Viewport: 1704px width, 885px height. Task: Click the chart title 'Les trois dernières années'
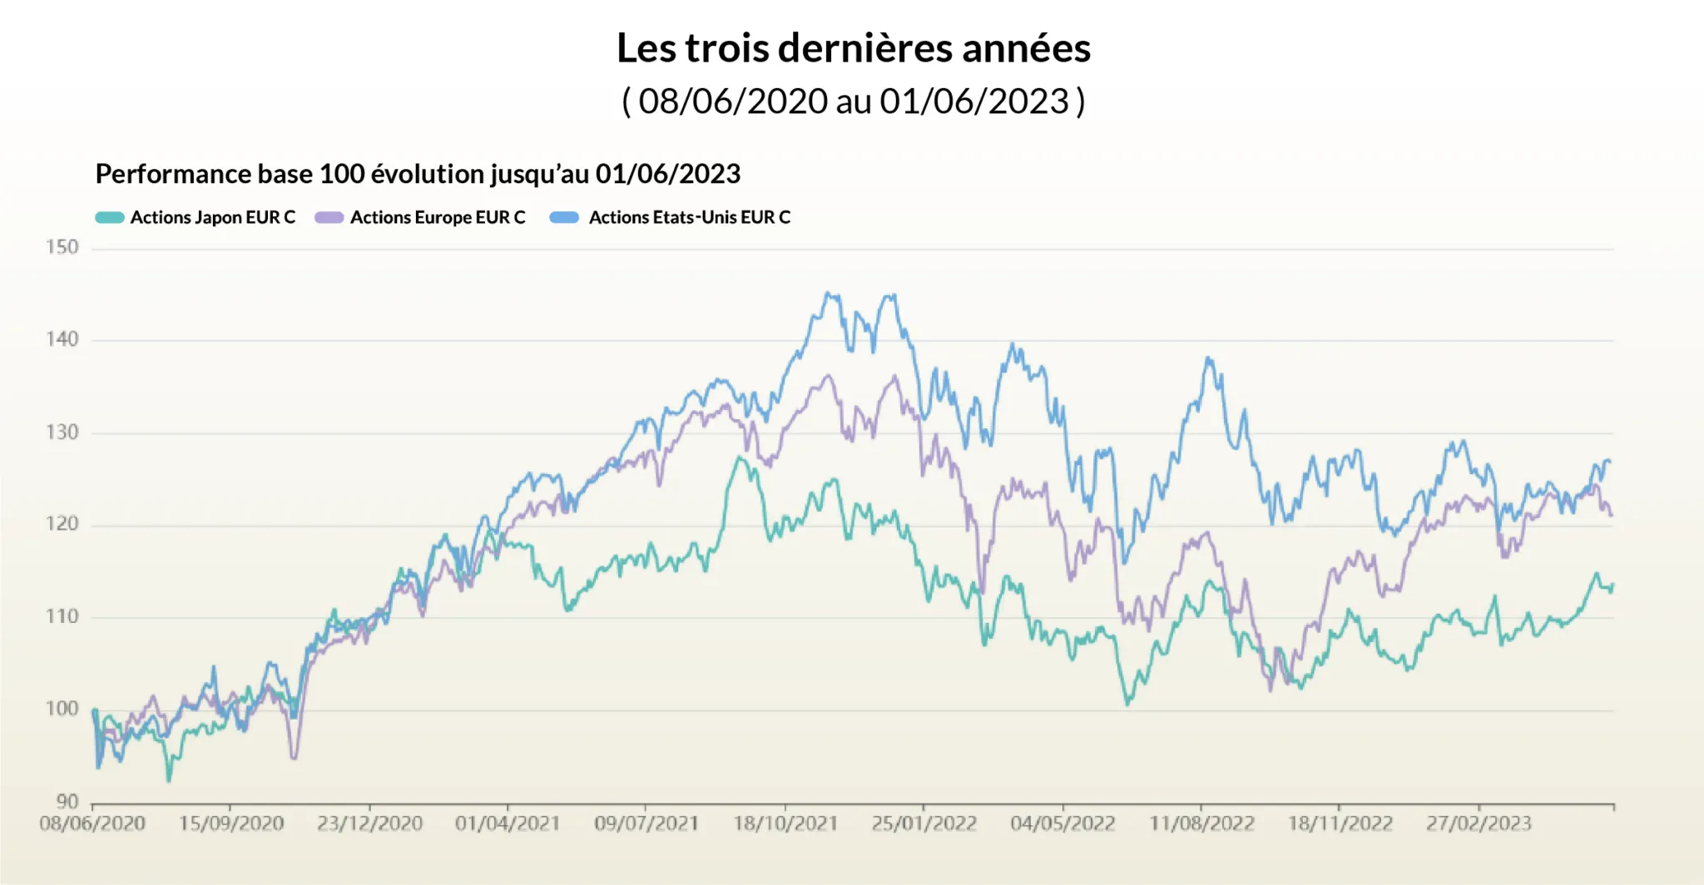[853, 48]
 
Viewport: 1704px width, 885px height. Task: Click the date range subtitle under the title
[853, 101]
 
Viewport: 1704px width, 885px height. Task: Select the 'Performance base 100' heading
[418, 174]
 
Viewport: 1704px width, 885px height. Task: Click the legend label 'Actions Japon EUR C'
[212, 218]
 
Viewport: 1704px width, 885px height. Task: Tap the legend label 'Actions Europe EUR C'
[438, 218]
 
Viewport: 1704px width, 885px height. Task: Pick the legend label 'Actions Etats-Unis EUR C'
[689, 218]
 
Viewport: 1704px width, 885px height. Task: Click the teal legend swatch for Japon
[110, 218]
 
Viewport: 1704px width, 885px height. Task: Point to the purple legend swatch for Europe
[329, 218]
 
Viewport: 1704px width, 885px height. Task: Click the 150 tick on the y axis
[62, 247]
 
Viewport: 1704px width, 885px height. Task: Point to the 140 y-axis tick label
[62, 339]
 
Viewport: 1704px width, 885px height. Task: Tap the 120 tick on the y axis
[62, 524]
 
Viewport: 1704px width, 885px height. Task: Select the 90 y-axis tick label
[67, 801]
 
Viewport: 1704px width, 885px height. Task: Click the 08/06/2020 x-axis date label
[92, 823]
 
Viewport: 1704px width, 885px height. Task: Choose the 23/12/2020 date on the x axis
[369, 823]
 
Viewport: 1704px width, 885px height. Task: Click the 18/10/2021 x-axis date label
[785, 823]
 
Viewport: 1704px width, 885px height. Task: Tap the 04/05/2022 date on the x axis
[1063, 823]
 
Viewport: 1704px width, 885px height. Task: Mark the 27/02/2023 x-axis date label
[1479, 823]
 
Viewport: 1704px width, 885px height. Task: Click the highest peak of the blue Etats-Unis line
[827, 293]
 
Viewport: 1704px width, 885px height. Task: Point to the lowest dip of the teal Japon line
[169, 780]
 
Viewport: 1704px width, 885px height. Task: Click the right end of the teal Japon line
[1612, 586]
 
